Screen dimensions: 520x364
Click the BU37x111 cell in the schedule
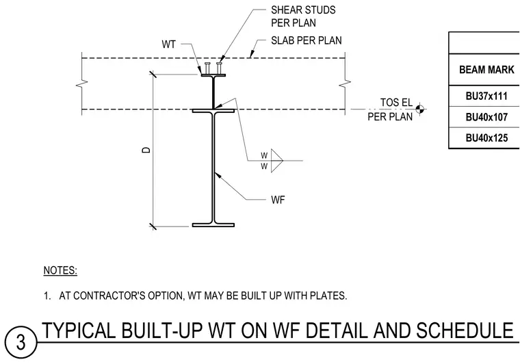pyautogui.click(x=486, y=96)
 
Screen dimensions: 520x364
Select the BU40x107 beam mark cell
pyautogui.click(x=486, y=117)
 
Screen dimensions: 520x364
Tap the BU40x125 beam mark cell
pyautogui.click(x=486, y=138)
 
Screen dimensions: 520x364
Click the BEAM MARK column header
pyautogui.click(x=486, y=70)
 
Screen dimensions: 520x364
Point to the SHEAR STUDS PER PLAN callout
pyautogui.click(x=303, y=16)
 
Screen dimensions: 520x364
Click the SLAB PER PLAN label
pyautogui.click(x=306, y=40)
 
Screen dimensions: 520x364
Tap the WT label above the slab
pyautogui.click(x=168, y=44)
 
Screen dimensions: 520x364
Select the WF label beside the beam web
pyautogui.click(x=278, y=200)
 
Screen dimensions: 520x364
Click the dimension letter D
pyautogui.click(x=146, y=150)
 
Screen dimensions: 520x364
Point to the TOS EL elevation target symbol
pyautogui.click(x=419, y=108)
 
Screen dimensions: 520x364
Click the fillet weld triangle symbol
pyautogui.click(x=277, y=161)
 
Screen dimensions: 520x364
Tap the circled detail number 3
pyautogui.click(x=21, y=343)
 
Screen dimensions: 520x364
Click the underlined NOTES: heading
pyautogui.click(x=60, y=270)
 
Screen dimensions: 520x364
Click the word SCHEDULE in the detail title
pyautogui.click(x=465, y=330)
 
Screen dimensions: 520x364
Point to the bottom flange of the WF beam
pyautogui.click(x=213, y=225)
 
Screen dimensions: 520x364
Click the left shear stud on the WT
pyautogui.click(x=207, y=68)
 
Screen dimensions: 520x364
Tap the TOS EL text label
pyautogui.click(x=396, y=103)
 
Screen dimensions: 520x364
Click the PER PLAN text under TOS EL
pyautogui.click(x=390, y=117)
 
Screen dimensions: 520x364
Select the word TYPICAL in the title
pyautogui.click(x=79, y=330)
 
